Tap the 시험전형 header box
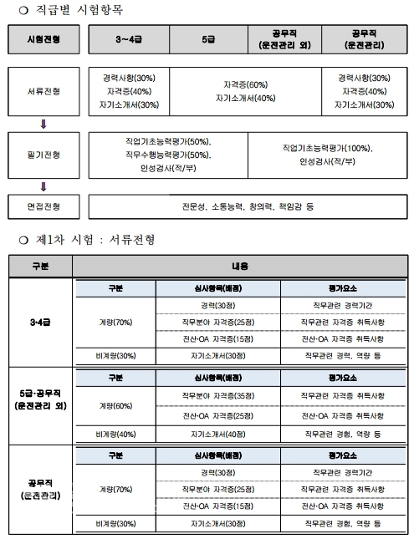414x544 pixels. pos(46,39)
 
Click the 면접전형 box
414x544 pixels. pos(46,205)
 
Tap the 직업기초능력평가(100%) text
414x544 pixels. pos(327,148)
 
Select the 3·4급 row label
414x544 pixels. pos(40,321)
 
